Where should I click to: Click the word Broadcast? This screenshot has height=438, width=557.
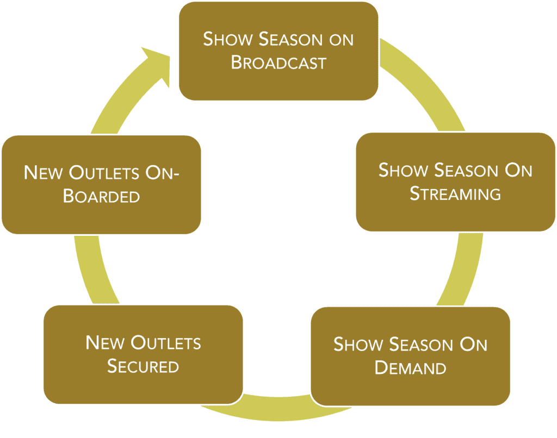(278, 62)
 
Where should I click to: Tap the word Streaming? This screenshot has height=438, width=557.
(455, 194)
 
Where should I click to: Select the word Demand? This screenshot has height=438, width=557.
(411, 368)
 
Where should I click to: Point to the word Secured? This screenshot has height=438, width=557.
(143, 366)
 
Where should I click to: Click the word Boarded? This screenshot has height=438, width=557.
(102, 196)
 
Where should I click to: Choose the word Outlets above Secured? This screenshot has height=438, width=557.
(166, 343)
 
